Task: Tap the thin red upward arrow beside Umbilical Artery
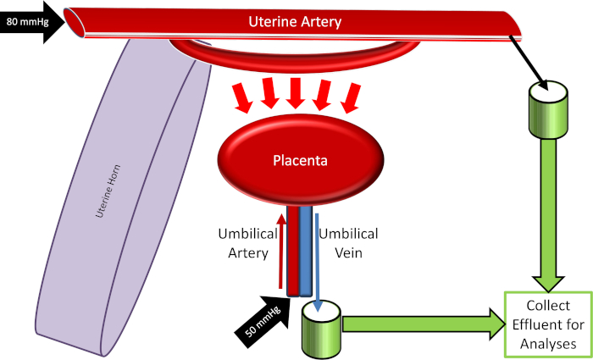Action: pos(281,254)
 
